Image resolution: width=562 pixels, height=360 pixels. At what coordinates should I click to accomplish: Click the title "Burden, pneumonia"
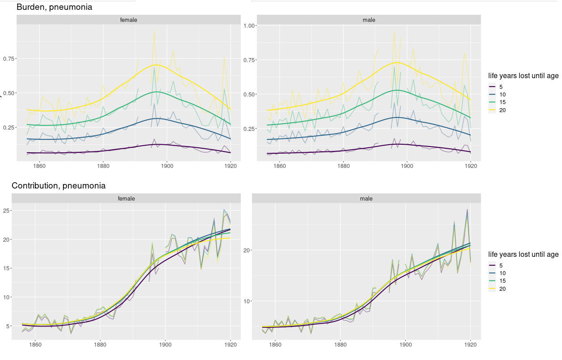tap(54, 7)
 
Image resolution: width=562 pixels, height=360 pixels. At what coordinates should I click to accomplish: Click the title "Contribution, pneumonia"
tap(59, 186)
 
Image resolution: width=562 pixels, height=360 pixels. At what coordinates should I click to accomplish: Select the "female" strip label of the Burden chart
tap(129, 20)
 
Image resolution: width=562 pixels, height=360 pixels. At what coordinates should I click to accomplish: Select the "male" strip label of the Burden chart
tap(369, 20)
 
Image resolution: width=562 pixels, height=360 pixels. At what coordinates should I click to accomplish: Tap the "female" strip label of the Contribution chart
tap(126, 199)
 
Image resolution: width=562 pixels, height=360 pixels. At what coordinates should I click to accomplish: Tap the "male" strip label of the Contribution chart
tap(366, 199)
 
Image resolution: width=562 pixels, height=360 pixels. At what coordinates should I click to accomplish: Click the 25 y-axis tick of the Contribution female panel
tap(7, 210)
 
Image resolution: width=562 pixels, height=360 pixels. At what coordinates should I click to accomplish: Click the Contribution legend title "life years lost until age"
tap(523, 255)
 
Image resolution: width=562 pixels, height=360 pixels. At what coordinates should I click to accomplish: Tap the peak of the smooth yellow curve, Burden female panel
tap(158, 65)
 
